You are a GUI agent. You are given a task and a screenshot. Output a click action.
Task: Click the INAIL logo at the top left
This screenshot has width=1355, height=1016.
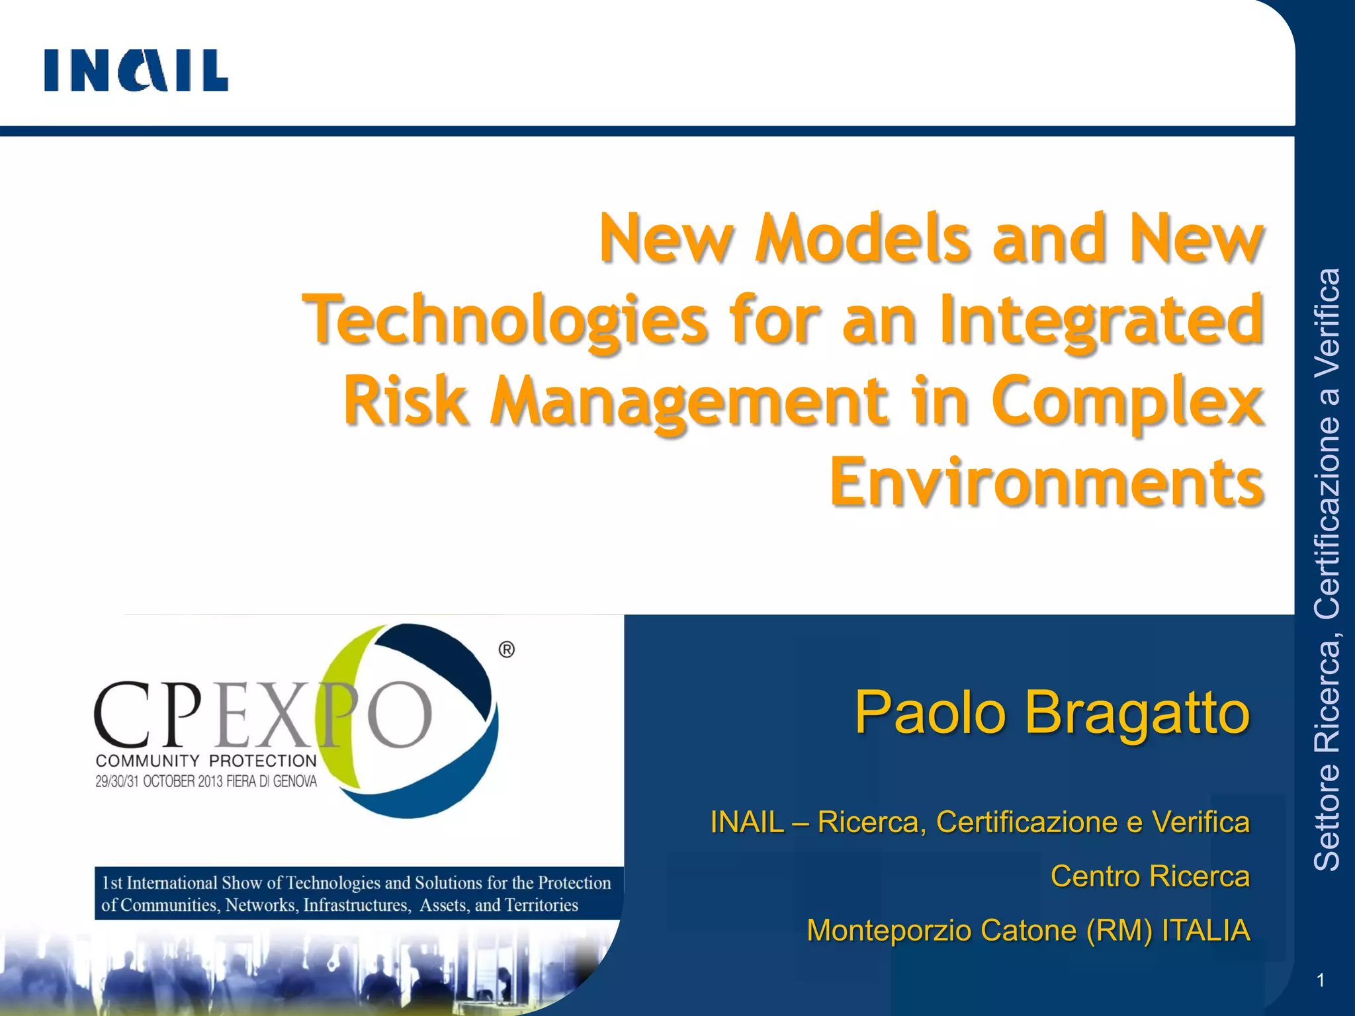[136, 70]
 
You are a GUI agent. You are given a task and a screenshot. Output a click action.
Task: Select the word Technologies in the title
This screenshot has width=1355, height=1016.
[505, 320]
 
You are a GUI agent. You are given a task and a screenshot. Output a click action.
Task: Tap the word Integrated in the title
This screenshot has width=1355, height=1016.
[1101, 320]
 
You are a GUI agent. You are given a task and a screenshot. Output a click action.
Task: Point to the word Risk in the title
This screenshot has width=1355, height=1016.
[405, 401]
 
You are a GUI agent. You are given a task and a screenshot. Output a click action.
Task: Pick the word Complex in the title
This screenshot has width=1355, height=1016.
[1127, 401]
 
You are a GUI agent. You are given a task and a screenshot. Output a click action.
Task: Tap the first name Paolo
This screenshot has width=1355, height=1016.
[930, 713]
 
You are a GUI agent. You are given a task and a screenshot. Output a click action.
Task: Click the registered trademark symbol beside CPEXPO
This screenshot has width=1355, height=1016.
[506, 650]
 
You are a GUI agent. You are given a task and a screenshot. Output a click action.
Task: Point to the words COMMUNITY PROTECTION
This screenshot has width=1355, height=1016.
[206, 761]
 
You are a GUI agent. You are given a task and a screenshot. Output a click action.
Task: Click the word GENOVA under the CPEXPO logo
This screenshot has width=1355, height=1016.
[295, 782]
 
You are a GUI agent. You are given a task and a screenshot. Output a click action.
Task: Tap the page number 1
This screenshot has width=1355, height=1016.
[1321, 981]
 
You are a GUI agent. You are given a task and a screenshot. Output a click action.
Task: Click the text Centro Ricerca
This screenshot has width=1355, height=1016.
[1150, 876]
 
